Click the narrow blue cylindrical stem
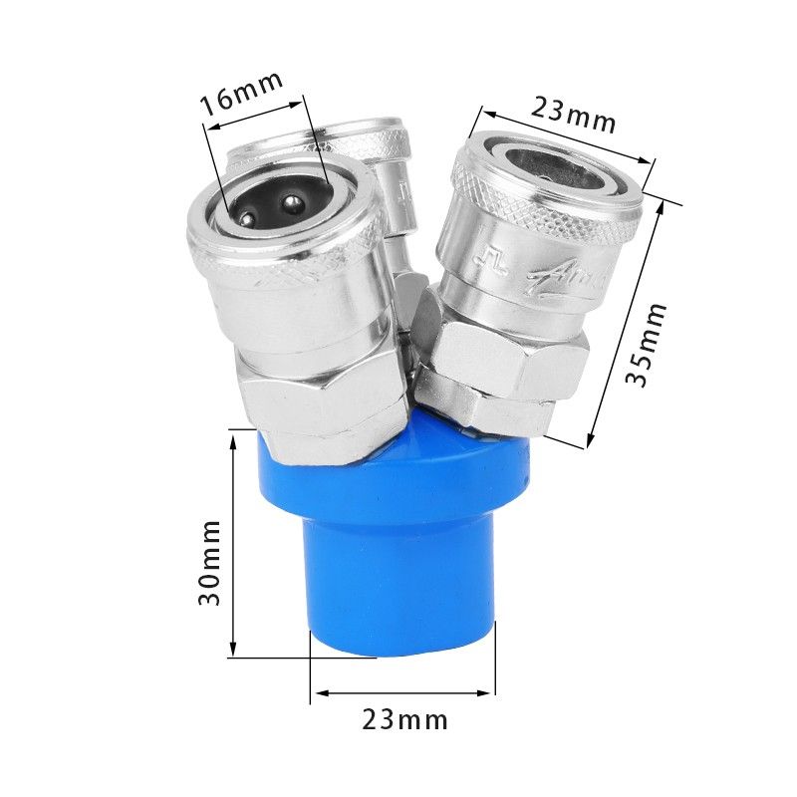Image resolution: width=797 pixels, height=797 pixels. coord(402,588)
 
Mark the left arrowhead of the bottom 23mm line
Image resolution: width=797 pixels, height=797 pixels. coord(315,693)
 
